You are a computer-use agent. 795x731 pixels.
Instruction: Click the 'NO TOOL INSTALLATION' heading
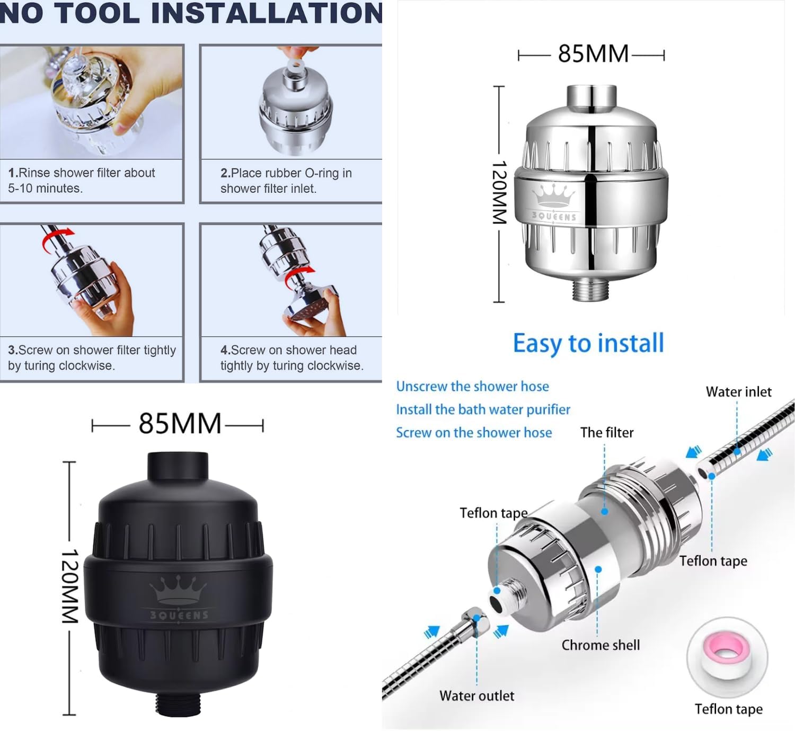tap(191, 13)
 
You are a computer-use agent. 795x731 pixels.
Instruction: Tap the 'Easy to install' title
tap(588, 343)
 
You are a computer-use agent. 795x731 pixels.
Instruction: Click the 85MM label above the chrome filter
tap(593, 54)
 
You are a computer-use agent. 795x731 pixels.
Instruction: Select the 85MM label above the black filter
tap(180, 424)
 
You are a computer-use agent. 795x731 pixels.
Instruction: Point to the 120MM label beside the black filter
tap(70, 586)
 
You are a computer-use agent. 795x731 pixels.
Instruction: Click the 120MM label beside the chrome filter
tap(499, 192)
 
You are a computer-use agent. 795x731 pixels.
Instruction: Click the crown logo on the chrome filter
tap(553, 196)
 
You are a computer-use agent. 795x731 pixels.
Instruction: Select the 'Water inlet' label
tap(738, 392)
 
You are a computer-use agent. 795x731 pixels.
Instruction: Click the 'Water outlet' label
tap(476, 696)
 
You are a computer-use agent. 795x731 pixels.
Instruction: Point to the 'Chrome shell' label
tap(600, 645)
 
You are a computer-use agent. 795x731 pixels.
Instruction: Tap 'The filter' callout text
tap(607, 432)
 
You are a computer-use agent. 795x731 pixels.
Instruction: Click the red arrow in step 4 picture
tap(300, 274)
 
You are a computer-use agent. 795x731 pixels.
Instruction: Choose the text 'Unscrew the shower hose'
tap(472, 386)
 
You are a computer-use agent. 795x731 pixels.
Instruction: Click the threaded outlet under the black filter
tap(178, 705)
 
